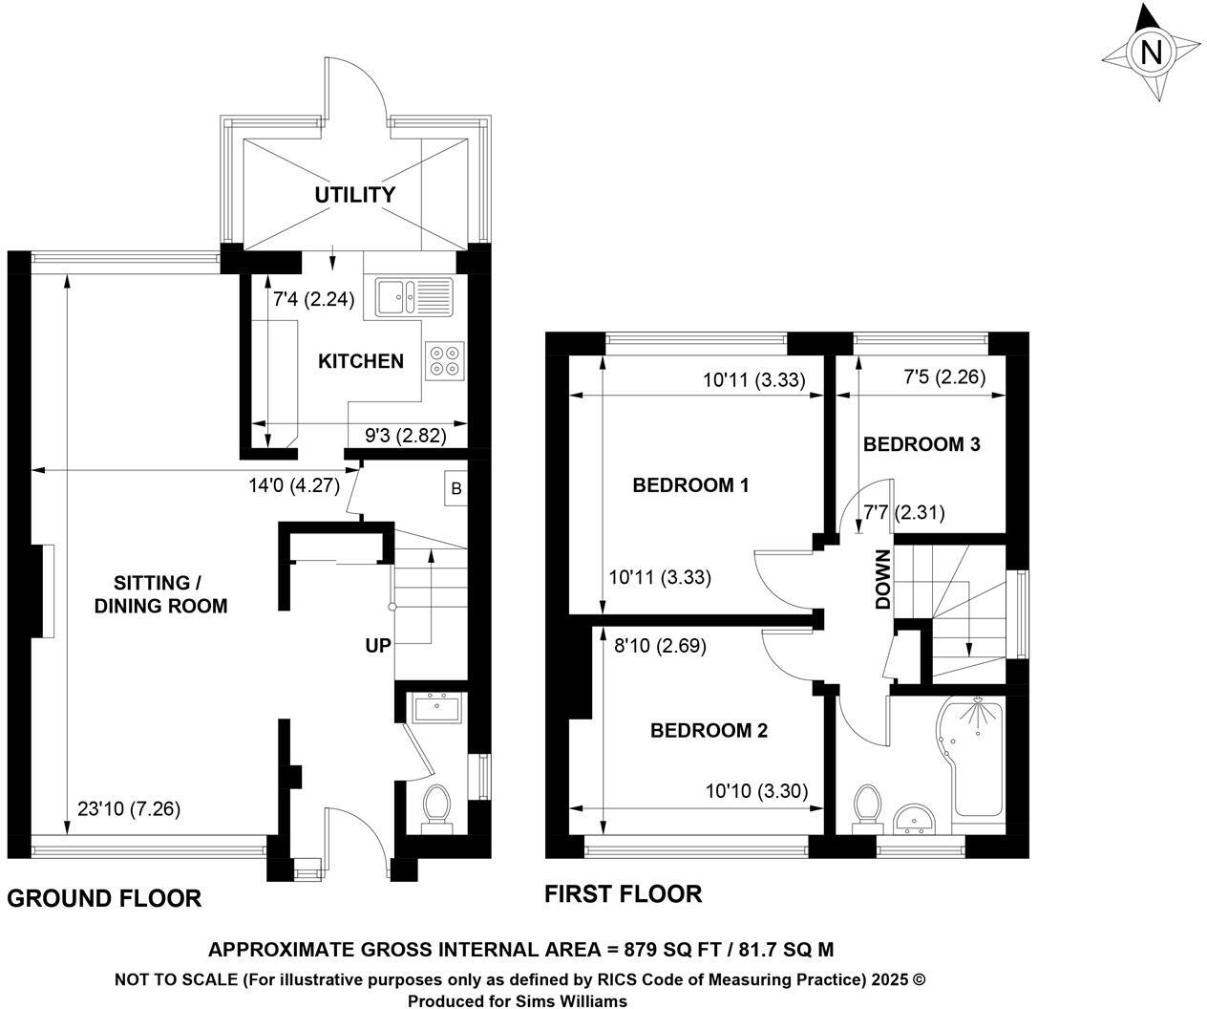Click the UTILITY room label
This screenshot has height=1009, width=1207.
(355, 195)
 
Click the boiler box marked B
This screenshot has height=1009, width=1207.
(456, 488)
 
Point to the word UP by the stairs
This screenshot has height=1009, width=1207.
(377, 646)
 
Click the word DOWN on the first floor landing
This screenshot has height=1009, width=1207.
(883, 579)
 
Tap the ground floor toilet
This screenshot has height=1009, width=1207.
(437, 805)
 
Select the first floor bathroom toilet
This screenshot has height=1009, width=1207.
(868, 804)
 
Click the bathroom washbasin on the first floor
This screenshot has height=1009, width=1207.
(918, 818)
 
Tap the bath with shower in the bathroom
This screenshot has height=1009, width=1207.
(973, 759)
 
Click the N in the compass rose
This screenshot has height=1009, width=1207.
(1152, 52)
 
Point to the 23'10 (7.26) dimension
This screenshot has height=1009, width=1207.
(129, 808)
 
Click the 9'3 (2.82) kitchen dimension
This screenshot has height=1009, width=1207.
(406, 436)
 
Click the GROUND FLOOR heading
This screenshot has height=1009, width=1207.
(104, 898)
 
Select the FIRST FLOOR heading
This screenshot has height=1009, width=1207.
(623, 894)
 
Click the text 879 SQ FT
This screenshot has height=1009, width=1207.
(665, 950)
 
